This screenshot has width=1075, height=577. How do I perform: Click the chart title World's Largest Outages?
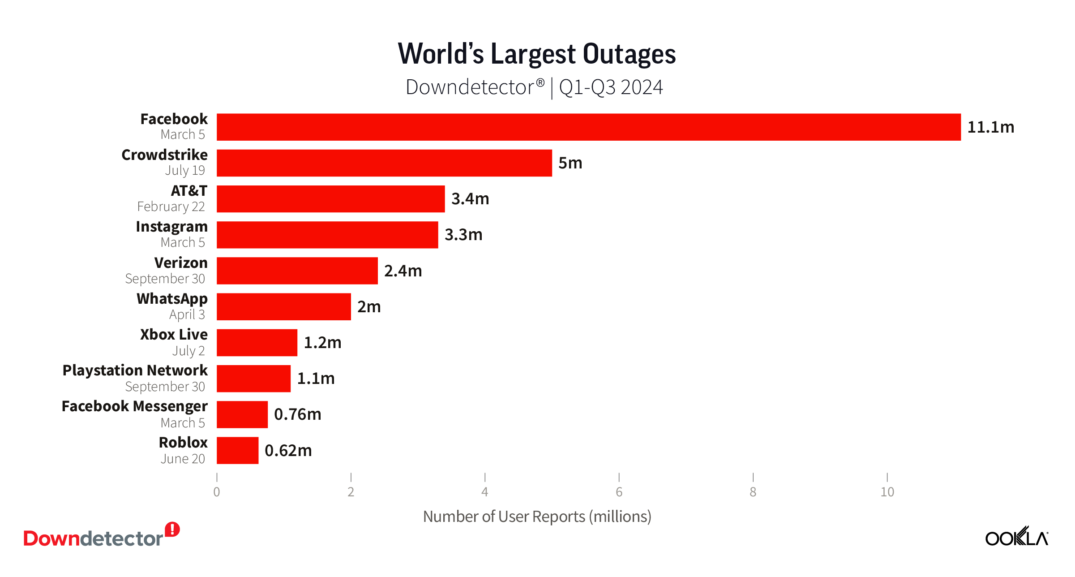pos(536,54)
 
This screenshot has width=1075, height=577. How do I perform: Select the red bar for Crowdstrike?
pos(384,163)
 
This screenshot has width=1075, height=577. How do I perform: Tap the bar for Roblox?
pos(237,450)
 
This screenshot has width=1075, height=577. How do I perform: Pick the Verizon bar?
pos(297,271)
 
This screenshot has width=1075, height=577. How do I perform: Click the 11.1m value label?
pos(990,127)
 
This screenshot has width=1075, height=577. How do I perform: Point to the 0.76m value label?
pos(297,414)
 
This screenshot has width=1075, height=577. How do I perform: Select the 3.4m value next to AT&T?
pos(470,199)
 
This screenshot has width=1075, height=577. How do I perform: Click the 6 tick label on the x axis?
pos(619,492)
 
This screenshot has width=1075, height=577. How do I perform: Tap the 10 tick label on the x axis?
pos(887,492)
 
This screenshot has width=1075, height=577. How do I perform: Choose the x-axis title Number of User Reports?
pos(537,517)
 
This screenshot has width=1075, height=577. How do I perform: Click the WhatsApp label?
pos(172,299)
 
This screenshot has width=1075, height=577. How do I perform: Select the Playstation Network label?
pos(135,370)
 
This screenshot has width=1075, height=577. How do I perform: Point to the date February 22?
pos(171,207)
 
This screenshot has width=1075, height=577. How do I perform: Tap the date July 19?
pos(184,170)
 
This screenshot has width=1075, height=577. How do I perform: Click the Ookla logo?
pos(1016,537)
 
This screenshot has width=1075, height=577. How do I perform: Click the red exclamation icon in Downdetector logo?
pos(172,530)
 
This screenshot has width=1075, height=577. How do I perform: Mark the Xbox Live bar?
pos(257,343)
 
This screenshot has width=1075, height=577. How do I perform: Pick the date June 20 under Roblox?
pos(183,459)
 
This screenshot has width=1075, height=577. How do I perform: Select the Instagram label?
pos(171,227)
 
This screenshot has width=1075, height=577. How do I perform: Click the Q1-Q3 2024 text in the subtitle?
pos(611,87)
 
